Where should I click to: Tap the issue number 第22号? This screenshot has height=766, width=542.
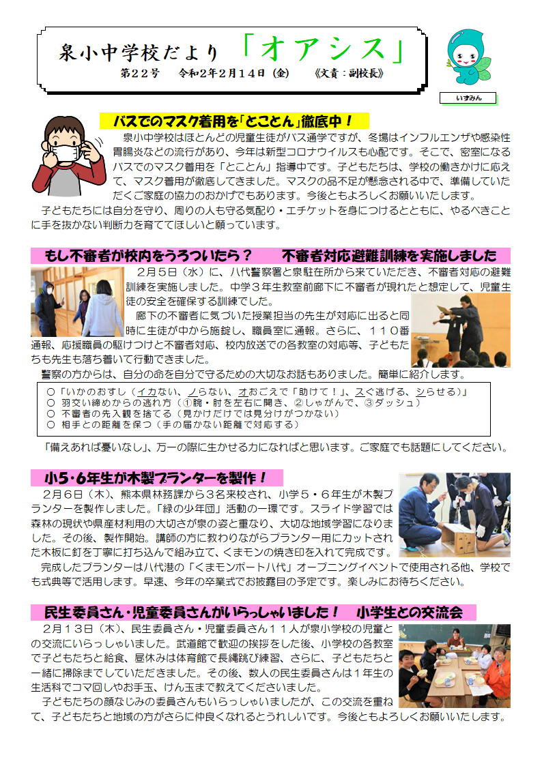coord(140,73)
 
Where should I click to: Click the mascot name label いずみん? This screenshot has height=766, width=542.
coord(468,98)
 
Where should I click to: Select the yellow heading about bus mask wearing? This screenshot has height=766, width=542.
coord(233,121)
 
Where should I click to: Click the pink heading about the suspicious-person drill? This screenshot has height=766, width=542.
coord(270,256)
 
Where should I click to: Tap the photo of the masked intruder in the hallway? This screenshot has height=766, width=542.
coord(77,301)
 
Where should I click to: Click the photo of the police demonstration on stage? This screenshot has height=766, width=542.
coord(460,329)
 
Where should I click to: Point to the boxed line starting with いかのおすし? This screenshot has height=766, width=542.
coord(257,392)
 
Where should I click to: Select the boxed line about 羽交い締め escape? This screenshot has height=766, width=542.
coord(233,402)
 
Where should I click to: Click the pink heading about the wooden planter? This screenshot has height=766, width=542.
coord(156,477)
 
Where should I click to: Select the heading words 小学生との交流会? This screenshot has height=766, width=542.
coord(409,612)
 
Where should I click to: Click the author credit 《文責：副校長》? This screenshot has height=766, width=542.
coord(349,73)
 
